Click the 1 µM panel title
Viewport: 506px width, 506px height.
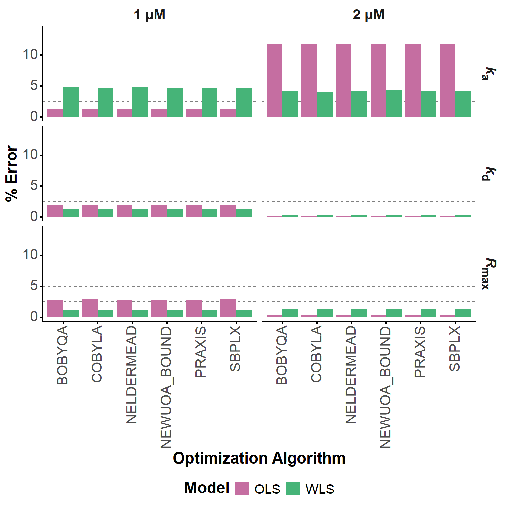150,15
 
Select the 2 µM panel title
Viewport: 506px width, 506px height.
369,15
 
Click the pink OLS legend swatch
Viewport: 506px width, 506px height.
242,488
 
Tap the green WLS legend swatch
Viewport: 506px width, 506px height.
293,488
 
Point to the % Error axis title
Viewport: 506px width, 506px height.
12,173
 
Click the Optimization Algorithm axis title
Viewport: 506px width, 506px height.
259,458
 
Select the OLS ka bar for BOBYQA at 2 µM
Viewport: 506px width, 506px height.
274,81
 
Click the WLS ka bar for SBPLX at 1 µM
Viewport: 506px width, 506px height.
244,102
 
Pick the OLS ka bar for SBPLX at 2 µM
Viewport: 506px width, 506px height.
447,80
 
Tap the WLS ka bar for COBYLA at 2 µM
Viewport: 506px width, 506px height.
325,104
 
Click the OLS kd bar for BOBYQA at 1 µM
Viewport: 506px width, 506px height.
55,211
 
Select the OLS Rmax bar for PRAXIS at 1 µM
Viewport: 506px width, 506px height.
194,308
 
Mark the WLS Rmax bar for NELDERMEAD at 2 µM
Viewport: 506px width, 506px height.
359,313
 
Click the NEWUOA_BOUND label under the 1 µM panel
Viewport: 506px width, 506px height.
166,387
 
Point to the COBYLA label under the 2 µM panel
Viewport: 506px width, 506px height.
316,354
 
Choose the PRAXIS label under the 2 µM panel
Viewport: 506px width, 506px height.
420,352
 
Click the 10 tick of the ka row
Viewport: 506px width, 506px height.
30,55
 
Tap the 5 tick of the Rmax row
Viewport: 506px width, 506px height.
34,286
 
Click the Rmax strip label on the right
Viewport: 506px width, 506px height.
485,274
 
